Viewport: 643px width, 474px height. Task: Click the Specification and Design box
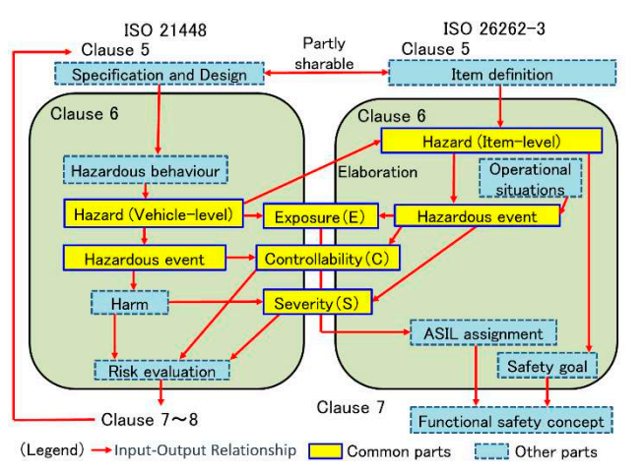(158, 74)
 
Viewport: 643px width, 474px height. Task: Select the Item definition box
(502, 73)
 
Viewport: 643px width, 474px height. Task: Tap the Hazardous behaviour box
(145, 170)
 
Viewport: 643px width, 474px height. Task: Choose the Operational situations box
(529, 179)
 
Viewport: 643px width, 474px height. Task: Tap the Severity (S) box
(316, 303)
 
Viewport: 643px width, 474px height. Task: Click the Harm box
(129, 304)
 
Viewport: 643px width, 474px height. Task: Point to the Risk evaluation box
(161, 371)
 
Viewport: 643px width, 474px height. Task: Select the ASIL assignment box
(483, 333)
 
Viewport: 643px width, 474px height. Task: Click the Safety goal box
(547, 367)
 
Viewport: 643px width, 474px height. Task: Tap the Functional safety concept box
(511, 421)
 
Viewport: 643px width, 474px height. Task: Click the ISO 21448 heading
(166, 28)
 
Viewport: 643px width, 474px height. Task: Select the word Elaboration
(379, 171)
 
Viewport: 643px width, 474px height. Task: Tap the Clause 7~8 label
(151, 420)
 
